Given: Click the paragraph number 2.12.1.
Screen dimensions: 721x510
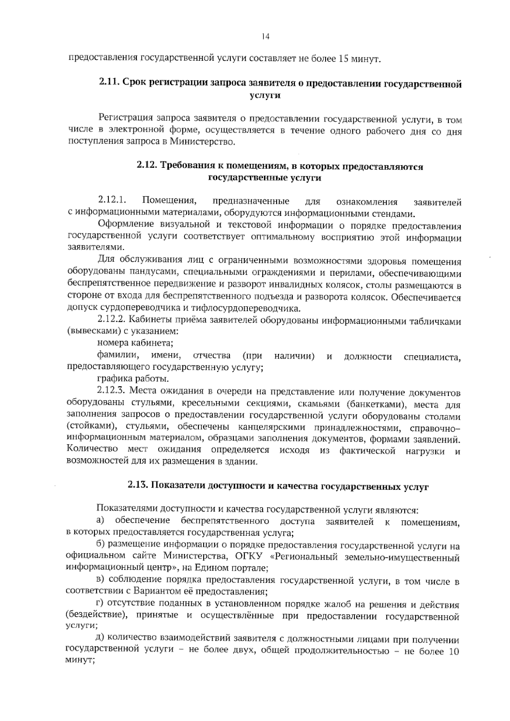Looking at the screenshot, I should [x=113, y=201].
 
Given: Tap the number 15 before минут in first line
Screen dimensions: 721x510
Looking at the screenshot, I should [x=344, y=58].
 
